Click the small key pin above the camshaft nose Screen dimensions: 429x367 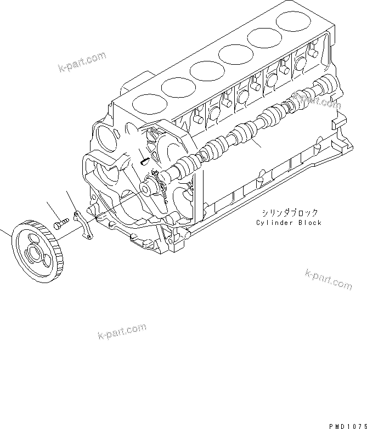144,161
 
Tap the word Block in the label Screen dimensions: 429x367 310,223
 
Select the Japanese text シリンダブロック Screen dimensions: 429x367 289,213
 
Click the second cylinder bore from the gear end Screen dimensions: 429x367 178,86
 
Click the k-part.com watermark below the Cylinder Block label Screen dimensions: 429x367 328,279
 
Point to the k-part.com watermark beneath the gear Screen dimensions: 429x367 122,332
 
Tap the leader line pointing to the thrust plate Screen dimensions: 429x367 71,200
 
